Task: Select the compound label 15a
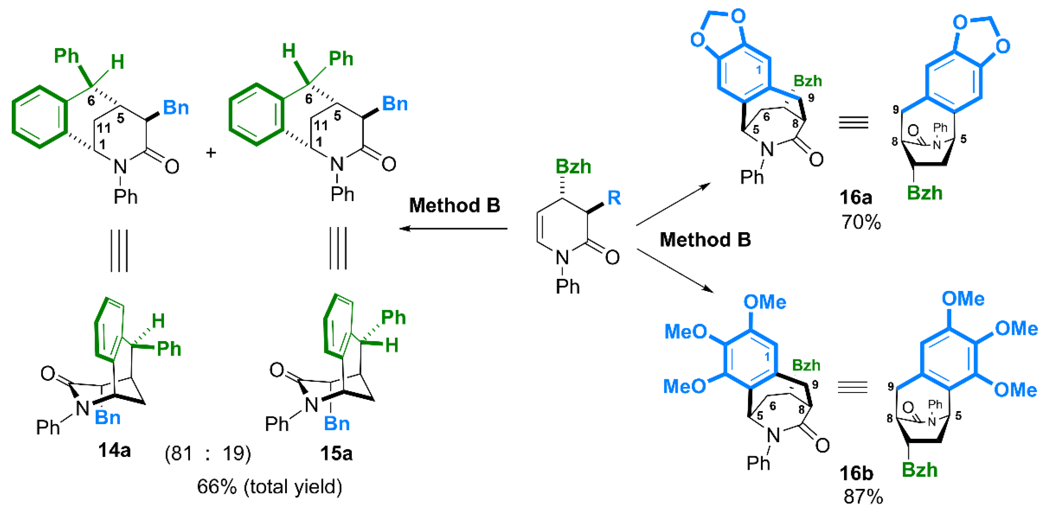pos(336,453)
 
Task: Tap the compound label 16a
pos(855,197)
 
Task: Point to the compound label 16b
pos(856,473)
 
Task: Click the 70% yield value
pos(861,222)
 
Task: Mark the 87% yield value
pos(863,496)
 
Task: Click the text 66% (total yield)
pos(269,486)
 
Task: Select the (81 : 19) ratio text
pos(208,453)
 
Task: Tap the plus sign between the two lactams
pos(211,153)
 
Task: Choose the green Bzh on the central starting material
pos(573,166)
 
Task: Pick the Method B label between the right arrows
pos(705,240)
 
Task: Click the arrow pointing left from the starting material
pos(453,229)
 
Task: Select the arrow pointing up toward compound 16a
pos(673,204)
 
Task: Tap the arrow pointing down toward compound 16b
pos(675,270)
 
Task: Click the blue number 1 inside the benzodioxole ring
pos(759,70)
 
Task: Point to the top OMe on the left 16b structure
pos(765,302)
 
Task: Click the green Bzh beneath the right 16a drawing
pos(924,193)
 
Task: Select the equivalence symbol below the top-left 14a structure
pos(119,251)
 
